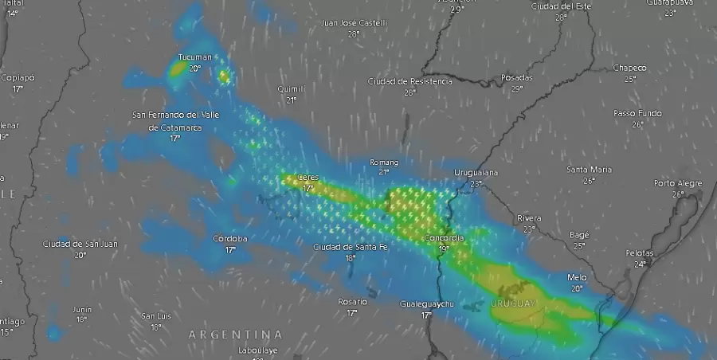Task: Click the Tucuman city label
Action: click(x=195, y=57)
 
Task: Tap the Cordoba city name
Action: click(x=230, y=239)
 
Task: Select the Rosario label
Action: click(x=352, y=302)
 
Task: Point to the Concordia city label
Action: click(x=444, y=238)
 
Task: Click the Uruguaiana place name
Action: click(x=476, y=173)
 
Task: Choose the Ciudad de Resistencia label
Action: click(x=409, y=81)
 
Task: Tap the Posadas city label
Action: click(x=516, y=77)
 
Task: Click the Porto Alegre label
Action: click(x=678, y=183)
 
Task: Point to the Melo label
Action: click(x=577, y=277)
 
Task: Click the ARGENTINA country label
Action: click(x=235, y=334)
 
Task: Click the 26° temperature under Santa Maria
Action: click(x=590, y=181)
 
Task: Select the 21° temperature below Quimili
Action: click(x=292, y=100)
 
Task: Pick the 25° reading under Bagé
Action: click(x=579, y=245)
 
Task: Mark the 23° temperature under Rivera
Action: click(x=529, y=229)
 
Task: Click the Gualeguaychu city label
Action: click(x=426, y=304)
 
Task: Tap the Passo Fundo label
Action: click(x=637, y=113)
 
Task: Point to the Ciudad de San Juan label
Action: click(x=80, y=244)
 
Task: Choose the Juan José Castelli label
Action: click(x=354, y=23)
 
